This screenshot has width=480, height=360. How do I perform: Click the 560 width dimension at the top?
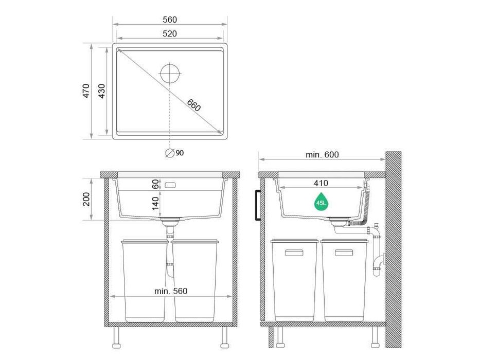point(170,20)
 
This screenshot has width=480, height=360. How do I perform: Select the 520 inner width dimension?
point(170,33)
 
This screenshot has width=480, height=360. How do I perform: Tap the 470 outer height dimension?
point(86,91)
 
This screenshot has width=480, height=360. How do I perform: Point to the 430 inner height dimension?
point(101,91)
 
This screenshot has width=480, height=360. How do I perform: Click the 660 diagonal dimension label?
point(194,105)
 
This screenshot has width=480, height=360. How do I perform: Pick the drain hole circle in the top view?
point(170,74)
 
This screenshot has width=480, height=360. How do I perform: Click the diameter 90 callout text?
point(174,153)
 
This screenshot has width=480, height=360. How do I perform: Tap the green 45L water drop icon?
point(321,202)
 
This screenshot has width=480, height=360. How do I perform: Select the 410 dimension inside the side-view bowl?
point(321,183)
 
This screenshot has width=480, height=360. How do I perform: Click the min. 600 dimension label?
point(322,155)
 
